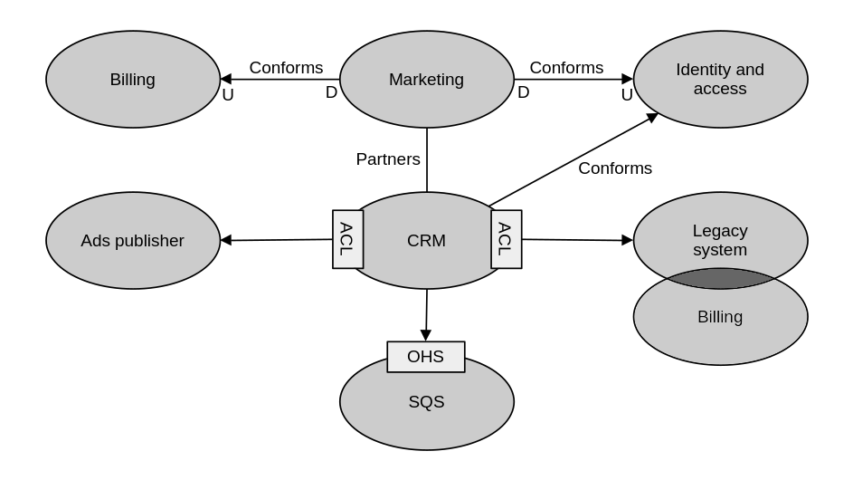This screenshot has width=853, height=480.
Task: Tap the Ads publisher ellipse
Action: (x=132, y=241)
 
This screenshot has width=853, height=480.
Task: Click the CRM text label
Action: (x=426, y=241)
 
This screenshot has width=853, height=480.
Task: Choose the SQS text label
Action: (x=426, y=402)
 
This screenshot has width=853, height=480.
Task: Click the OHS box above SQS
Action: (x=425, y=357)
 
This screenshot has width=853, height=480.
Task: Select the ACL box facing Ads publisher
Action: (x=347, y=239)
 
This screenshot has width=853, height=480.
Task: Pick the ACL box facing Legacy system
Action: (x=506, y=239)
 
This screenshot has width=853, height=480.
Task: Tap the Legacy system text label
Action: (x=720, y=240)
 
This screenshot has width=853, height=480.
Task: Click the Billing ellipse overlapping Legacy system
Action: (x=720, y=326)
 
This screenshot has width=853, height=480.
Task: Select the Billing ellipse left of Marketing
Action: (x=132, y=80)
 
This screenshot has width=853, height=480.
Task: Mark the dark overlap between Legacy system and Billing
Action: (x=720, y=279)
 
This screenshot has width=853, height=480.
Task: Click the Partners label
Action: (x=388, y=159)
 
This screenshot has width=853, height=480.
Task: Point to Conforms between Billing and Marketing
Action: (x=286, y=68)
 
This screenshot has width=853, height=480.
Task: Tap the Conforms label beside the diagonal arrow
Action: (x=615, y=168)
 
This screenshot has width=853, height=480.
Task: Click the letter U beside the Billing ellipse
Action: (x=228, y=94)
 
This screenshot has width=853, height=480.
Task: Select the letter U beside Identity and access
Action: (x=627, y=94)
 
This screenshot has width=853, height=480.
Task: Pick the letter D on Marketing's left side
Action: (x=331, y=92)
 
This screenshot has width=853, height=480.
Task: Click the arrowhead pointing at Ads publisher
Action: (x=226, y=240)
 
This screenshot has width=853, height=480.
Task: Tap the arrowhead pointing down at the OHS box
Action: (x=425, y=335)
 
